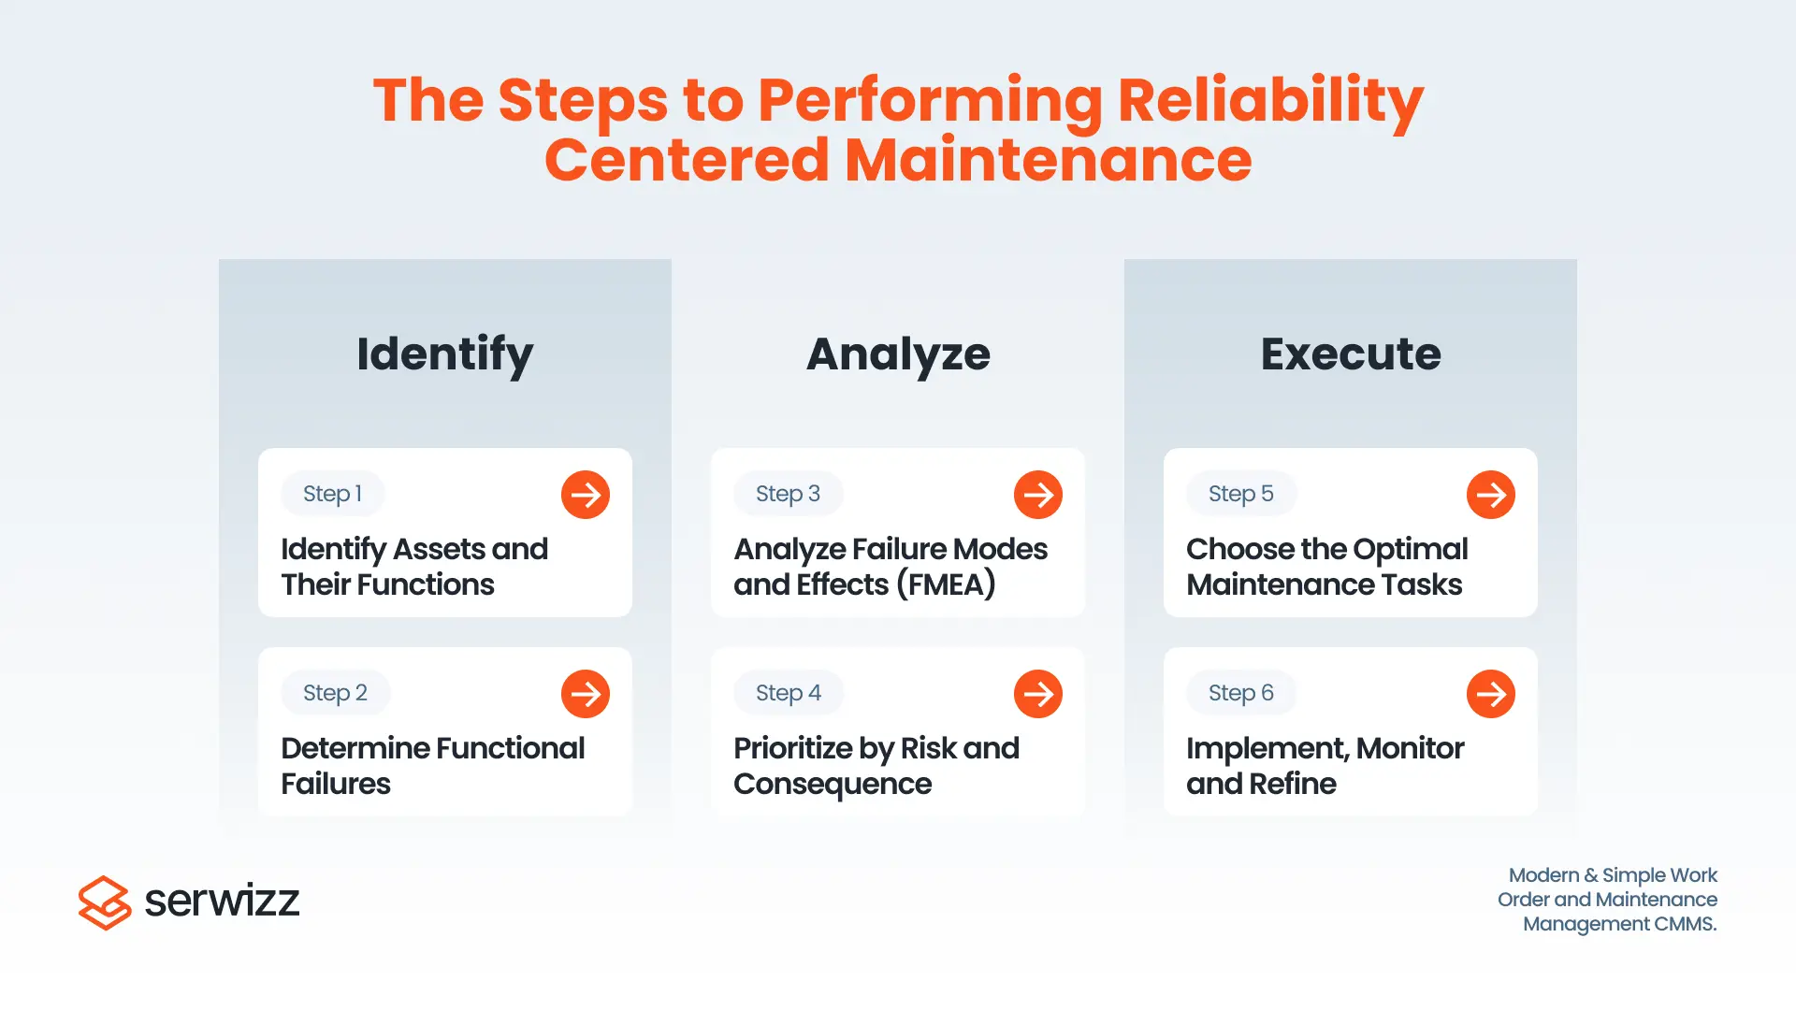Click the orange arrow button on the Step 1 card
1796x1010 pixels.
(x=586, y=495)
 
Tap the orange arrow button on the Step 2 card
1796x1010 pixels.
(x=586, y=694)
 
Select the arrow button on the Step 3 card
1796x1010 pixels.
(x=1038, y=495)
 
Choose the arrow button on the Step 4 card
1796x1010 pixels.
(x=1038, y=694)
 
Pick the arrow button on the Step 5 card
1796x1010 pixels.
(x=1491, y=495)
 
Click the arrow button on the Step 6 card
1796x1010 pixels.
(x=1491, y=694)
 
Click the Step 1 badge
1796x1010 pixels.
(x=333, y=494)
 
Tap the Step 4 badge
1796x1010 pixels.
(x=789, y=693)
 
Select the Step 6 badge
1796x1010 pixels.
(x=1241, y=693)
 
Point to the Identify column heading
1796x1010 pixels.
(x=445, y=354)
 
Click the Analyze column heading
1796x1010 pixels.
(x=898, y=354)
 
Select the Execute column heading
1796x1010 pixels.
(x=1351, y=353)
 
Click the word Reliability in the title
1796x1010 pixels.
(x=1270, y=101)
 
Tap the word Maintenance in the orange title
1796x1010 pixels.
(x=1048, y=160)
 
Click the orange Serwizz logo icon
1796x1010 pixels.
(x=105, y=902)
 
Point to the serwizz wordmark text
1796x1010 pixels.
(x=222, y=901)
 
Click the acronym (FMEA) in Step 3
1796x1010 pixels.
(x=946, y=584)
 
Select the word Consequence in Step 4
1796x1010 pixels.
(x=833, y=785)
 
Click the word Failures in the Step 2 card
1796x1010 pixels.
(x=336, y=784)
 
